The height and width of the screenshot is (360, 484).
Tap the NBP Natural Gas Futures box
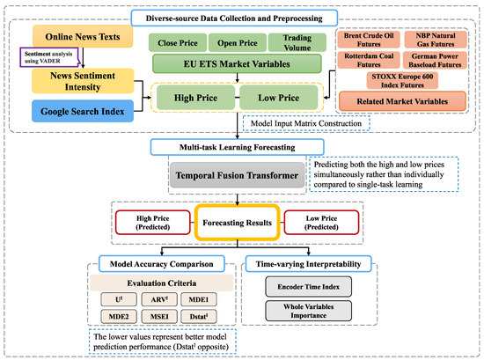click(x=441, y=40)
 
